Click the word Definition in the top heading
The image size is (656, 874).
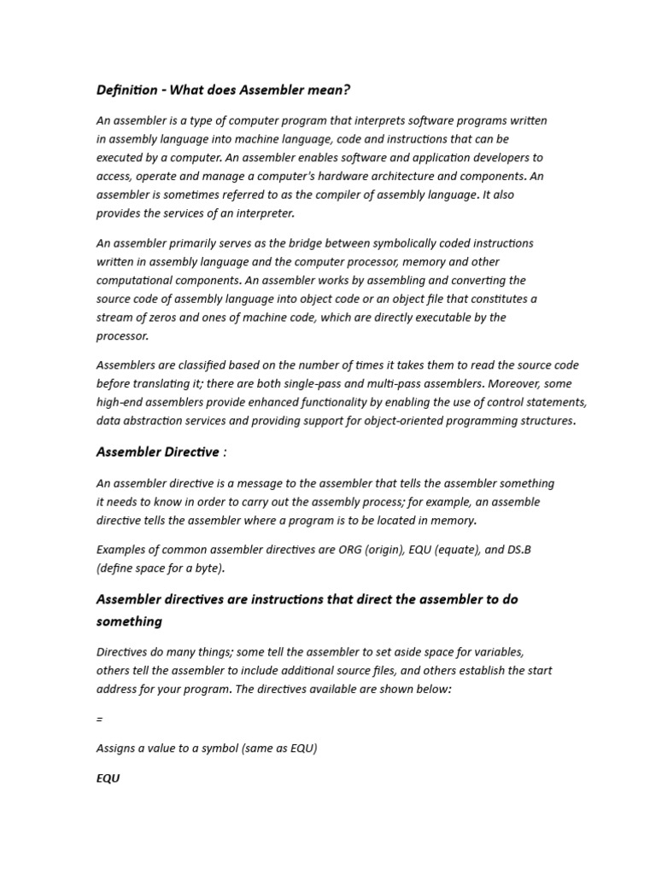pyautogui.click(x=126, y=90)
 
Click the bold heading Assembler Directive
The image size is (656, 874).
pyautogui.click(x=157, y=452)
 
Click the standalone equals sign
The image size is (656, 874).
pyautogui.click(x=100, y=720)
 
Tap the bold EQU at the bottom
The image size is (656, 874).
pyautogui.click(x=108, y=778)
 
